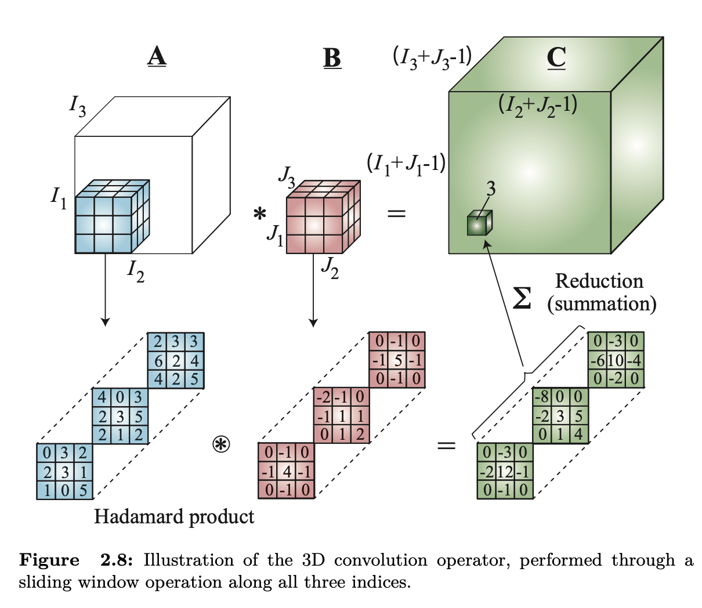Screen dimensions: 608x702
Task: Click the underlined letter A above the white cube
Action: [157, 57]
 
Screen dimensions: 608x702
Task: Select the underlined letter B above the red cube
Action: [332, 57]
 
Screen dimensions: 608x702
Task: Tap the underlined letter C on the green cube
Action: [556, 57]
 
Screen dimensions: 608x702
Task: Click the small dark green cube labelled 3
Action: [479, 223]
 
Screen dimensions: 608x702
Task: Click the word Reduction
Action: [599, 281]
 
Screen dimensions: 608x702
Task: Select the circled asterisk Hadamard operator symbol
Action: [221, 445]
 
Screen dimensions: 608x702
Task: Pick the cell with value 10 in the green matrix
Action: [616, 360]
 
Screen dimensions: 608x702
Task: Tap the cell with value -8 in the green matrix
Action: [542, 397]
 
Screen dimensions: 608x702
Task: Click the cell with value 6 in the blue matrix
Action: [158, 360]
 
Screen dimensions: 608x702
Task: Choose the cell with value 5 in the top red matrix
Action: [399, 360]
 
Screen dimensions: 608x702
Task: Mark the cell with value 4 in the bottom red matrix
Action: [287, 471]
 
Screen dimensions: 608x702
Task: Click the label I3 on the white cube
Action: [77, 106]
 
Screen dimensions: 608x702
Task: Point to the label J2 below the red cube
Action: [330, 268]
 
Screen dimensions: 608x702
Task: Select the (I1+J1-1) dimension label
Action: [406, 165]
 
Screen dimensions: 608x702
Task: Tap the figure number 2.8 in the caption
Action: [117, 560]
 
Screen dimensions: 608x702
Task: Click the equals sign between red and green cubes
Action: [396, 213]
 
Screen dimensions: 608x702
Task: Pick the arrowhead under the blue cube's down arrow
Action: [105, 321]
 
